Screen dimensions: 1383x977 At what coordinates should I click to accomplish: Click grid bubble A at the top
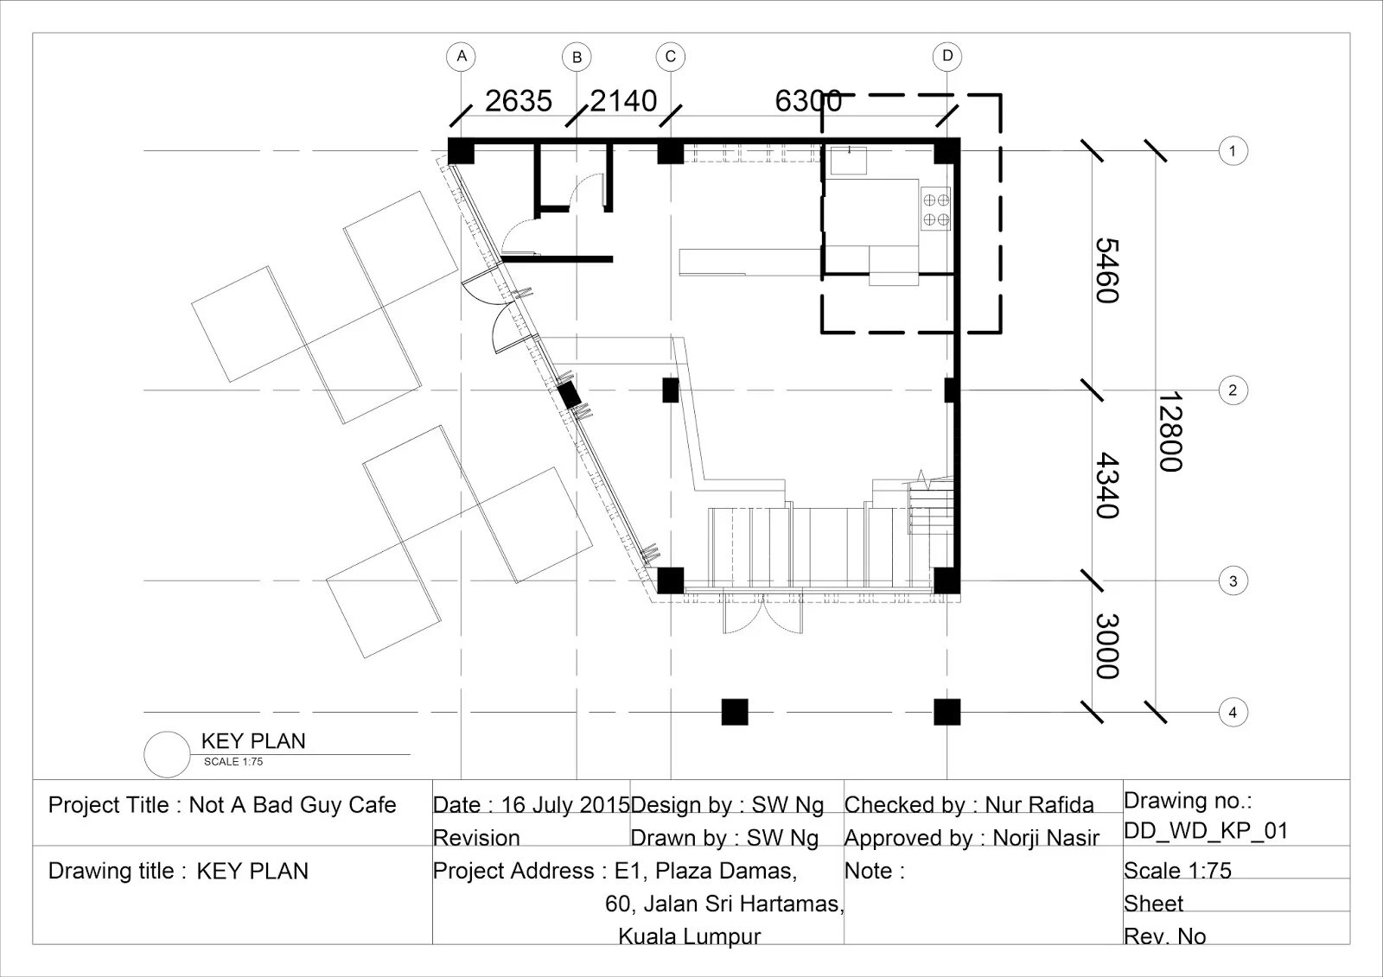click(x=462, y=57)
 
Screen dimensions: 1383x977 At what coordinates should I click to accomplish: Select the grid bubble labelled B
click(x=577, y=57)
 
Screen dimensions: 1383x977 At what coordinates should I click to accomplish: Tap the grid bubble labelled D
click(x=947, y=57)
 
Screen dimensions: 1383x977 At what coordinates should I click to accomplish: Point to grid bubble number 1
click(x=1233, y=150)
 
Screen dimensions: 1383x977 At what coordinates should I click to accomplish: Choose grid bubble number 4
click(x=1233, y=712)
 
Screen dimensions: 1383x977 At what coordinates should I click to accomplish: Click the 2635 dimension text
click(x=519, y=101)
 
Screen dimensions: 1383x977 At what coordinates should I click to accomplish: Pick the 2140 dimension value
click(x=623, y=101)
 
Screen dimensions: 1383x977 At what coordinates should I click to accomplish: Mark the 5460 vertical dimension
click(x=1107, y=271)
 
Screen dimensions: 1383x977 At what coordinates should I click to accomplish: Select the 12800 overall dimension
click(x=1170, y=431)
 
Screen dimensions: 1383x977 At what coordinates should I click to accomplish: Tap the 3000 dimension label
click(x=1107, y=646)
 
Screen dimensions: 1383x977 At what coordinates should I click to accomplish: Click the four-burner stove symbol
click(x=936, y=209)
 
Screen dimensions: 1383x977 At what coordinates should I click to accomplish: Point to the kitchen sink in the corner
click(x=848, y=161)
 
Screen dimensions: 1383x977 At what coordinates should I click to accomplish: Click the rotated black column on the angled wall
click(x=570, y=395)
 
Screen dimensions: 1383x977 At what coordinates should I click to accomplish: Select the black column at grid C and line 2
click(x=671, y=390)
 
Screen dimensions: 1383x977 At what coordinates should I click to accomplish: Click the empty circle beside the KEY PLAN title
click(x=167, y=754)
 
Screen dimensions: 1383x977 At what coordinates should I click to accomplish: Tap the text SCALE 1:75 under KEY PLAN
click(x=233, y=762)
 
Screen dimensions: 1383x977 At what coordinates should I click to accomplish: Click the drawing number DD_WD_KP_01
click(x=1206, y=831)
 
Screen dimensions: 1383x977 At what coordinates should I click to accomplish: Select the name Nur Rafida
click(x=1039, y=805)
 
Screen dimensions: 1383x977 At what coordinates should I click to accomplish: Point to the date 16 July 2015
click(x=565, y=805)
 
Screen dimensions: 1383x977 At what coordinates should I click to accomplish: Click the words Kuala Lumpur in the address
click(x=690, y=936)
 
